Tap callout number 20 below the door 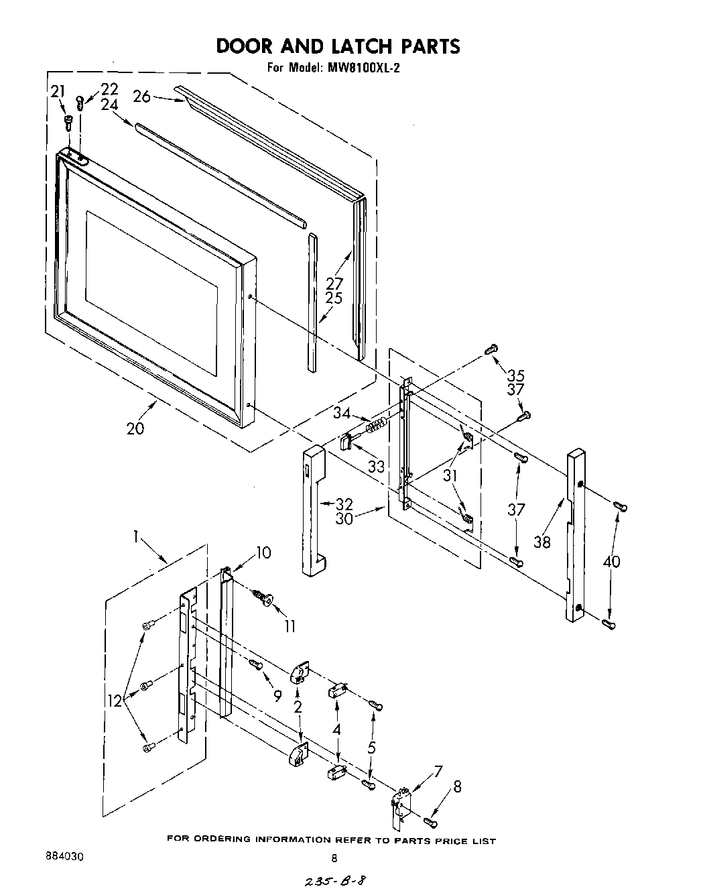(135, 428)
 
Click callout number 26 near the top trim (141, 97)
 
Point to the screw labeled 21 (68, 121)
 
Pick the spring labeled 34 (377, 424)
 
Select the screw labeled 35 (491, 349)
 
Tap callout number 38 (541, 541)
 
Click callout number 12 (115, 701)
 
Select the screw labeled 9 (255, 664)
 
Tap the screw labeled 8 (430, 820)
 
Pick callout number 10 (263, 552)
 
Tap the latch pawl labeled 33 (346, 442)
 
